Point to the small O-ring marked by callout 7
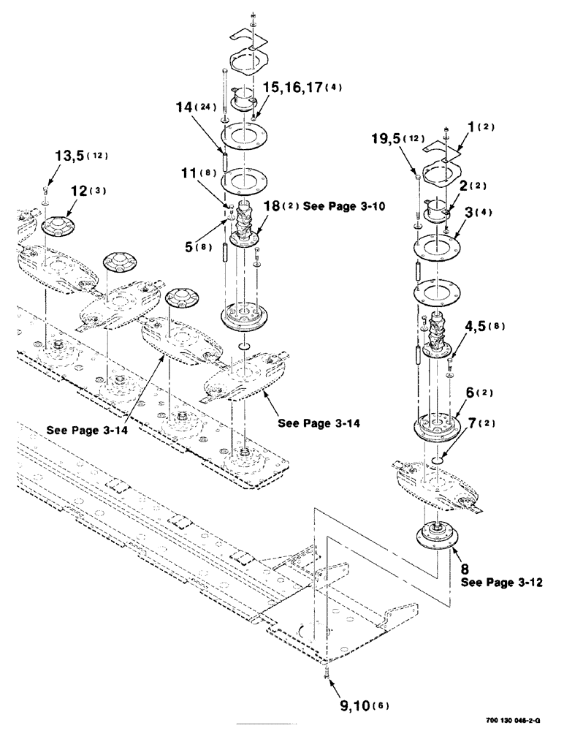[438, 459]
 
